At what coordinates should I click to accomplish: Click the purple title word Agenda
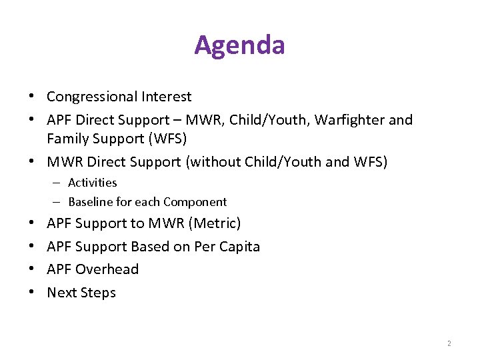(239, 45)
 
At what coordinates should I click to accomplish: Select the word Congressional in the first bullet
(92, 97)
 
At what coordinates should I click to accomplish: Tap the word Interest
(166, 97)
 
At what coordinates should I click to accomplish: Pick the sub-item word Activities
(92, 183)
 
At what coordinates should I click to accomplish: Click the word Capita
(238, 247)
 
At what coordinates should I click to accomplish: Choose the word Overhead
(107, 269)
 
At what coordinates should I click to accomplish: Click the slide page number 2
(449, 343)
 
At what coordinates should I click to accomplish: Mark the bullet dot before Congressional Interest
(32, 97)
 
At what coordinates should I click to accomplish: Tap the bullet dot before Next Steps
(32, 293)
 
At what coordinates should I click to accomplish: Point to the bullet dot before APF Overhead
(32, 270)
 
